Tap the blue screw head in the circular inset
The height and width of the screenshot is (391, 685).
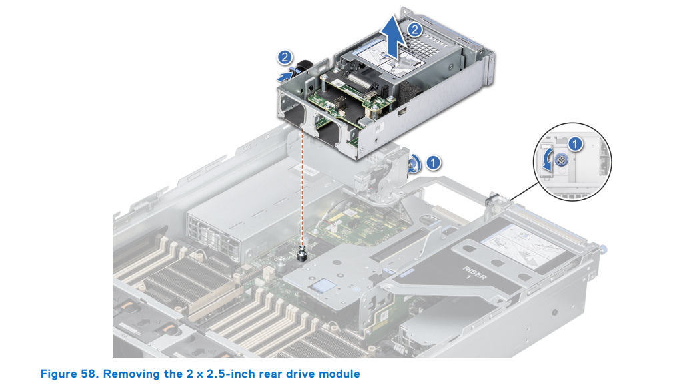[562, 159]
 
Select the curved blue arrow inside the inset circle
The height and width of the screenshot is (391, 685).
[546, 162]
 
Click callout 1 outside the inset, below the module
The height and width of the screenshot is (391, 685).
[433, 161]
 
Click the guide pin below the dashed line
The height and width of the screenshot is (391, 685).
[303, 254]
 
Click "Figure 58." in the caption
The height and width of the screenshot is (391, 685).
[69, 374]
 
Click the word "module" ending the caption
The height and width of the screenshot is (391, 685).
[338, 374]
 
